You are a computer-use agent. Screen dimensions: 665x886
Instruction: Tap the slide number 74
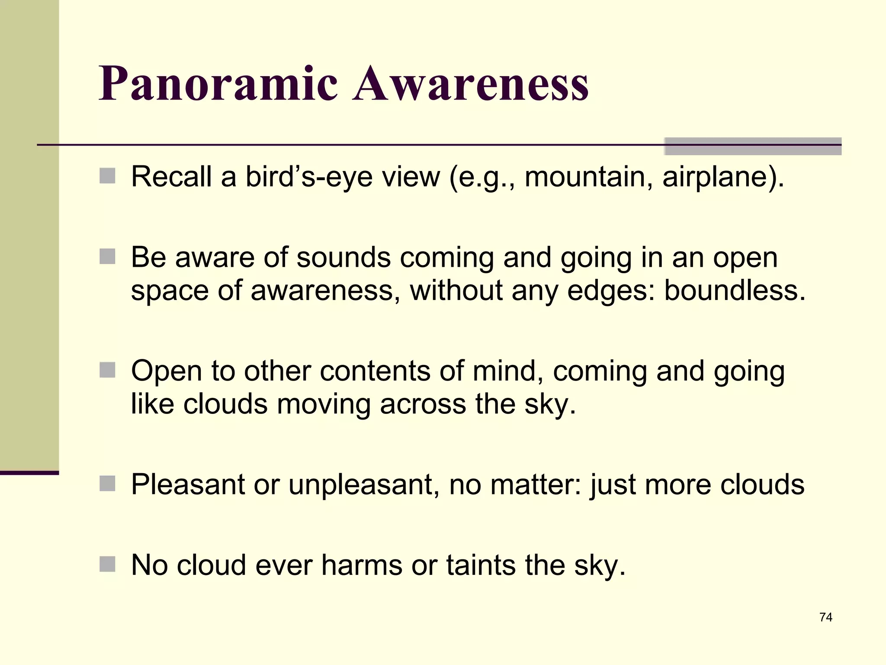[x=825, y=617]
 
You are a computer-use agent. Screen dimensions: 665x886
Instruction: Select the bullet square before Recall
[x=107, y=176]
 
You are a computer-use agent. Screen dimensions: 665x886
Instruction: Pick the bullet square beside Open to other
[x=107, y=370]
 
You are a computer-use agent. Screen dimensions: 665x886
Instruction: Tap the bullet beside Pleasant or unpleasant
[x=107, y=484]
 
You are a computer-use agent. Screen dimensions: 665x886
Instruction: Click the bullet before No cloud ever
[x=107, y=564]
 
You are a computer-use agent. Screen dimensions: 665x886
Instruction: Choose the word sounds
[x=343, y=258]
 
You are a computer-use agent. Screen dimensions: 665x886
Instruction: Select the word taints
[x=481, y=565]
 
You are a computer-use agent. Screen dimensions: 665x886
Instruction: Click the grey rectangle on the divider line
[x=753, y=146]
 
